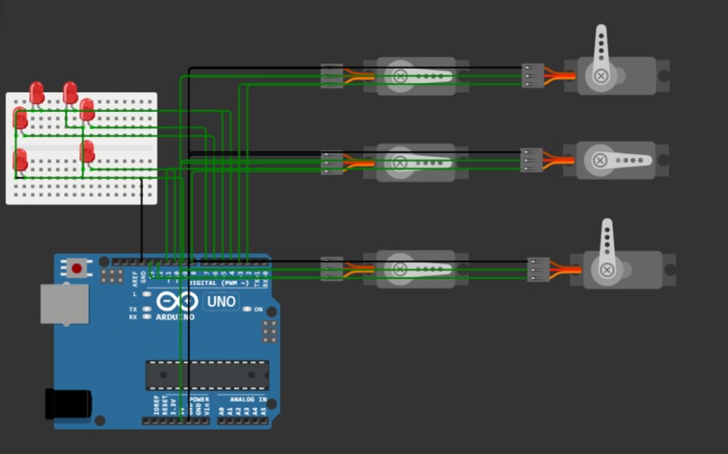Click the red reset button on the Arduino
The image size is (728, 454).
[x=78, y=268]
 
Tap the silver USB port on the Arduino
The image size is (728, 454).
[x=64, y=304]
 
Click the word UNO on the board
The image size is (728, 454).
[x=220, y=301]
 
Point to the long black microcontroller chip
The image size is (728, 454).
[x=207, y=374]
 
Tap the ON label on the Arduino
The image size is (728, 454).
[x=258, y=310]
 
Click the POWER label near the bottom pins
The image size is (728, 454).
[x=199, y=399]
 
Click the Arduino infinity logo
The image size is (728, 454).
[x=175, y=301]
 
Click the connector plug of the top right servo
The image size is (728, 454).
[x=533, y=76]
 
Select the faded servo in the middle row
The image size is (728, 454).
[x=415, y=162]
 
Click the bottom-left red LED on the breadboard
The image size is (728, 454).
[x=20, y=160]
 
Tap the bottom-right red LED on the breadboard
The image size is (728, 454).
[x=88, y=152]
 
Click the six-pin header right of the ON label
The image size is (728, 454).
[x=269, y=331]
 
